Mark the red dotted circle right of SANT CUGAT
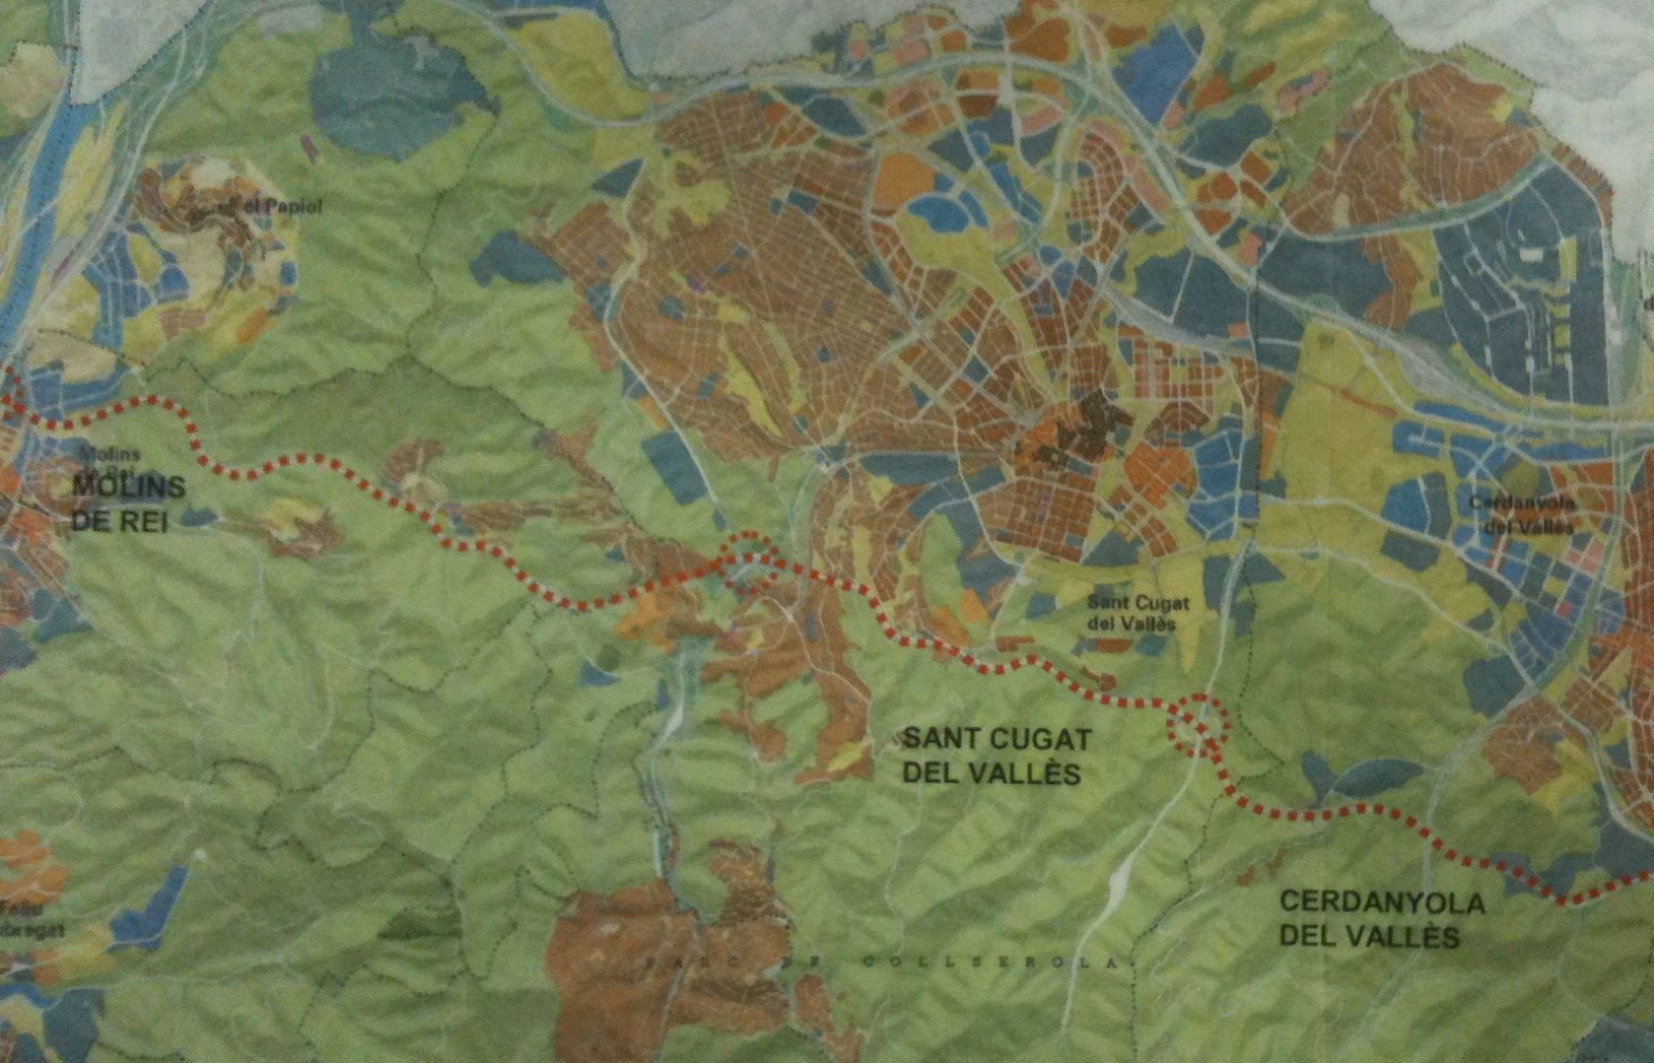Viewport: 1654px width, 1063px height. click(x=1196, y=724)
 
